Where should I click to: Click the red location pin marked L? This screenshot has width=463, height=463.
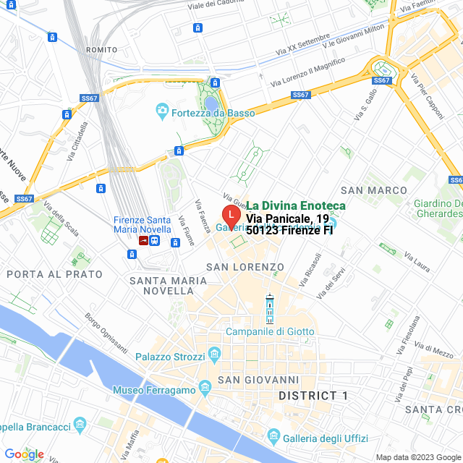pos(229,215)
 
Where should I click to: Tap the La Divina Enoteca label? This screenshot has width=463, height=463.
pos(295,206)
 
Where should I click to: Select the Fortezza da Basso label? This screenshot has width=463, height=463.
pos(205,112)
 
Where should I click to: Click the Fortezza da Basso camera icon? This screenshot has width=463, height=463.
pos(163,112)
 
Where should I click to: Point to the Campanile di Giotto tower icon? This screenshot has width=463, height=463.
pos(270,310)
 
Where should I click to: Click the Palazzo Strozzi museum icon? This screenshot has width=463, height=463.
pos(214,353)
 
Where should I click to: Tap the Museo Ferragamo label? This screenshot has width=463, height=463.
pos(155,391)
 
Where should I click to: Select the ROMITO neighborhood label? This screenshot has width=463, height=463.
pos(101,49)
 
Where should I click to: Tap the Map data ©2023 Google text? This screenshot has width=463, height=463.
pos(417,456)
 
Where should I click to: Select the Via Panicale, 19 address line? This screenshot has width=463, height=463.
pos(287,218)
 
